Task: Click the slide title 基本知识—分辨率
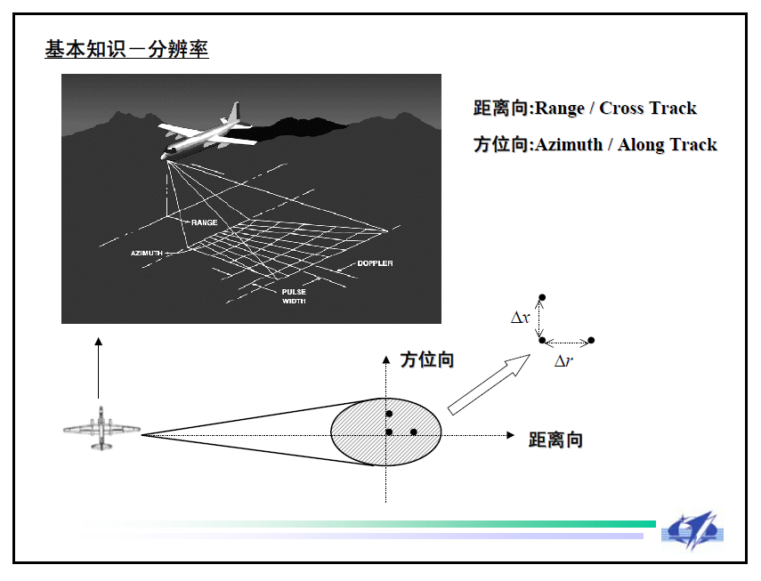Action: point(126,50)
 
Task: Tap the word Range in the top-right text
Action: point(559,109)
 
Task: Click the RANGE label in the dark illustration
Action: point(204,222)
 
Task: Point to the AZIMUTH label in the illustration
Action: point(147,254)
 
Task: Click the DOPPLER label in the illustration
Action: point(375,263)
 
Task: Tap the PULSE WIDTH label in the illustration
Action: point(294,296)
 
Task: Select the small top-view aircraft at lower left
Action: point(101,429)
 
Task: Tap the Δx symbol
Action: point(520,317)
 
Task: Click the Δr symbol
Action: point(563,361)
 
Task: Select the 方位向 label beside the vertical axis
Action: point(427,359)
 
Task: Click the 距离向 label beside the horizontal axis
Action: point(555,440)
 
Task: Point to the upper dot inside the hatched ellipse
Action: point(389,415)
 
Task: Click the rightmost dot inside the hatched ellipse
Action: point(414,432)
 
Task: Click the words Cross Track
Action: point(648,109)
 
